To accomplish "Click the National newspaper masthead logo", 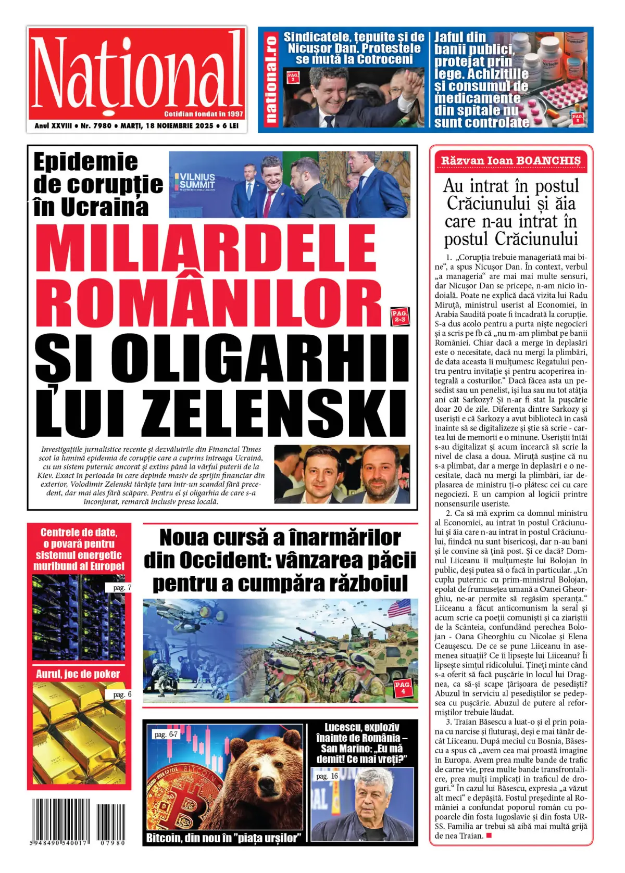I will pos(136,73).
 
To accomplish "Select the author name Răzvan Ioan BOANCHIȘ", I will pos(510,161).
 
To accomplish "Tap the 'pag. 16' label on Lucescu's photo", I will pos(327,776).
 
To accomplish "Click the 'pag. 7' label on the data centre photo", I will pos(122,588).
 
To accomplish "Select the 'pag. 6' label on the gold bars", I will pos(122,694).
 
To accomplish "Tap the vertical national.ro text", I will pos(270,80).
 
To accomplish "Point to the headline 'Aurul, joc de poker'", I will pos(78,674).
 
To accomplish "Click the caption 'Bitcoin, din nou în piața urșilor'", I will pos(223,838).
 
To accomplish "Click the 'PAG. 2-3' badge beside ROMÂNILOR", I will pos(399,317).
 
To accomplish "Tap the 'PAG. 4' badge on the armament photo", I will pos(403,687).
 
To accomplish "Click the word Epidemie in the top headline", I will pos(86,162).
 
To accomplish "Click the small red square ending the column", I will pos(489,836).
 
